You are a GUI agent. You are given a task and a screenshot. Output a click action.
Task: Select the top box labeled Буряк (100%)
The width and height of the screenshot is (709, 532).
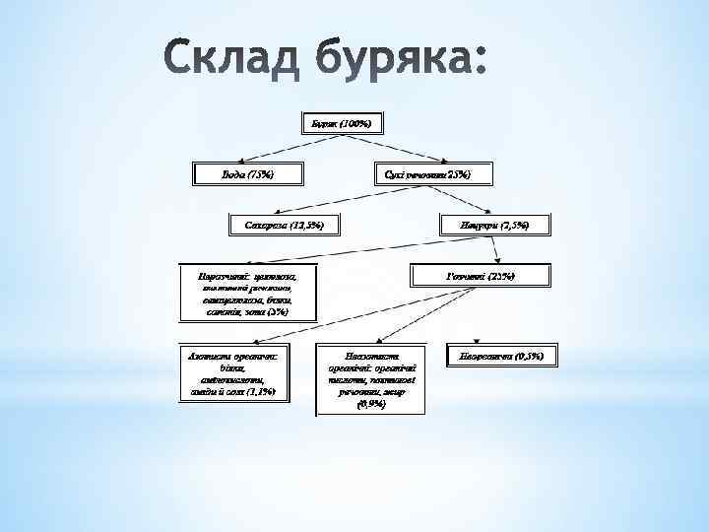[x=341, y=124]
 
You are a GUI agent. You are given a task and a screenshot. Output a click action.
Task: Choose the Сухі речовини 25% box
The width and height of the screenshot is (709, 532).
[x=426, y=174]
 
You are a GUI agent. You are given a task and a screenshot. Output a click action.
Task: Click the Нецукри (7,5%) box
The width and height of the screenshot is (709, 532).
[x=493, y=226]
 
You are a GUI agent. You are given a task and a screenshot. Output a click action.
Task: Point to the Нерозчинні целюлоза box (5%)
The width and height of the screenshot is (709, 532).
[x=247, y=293]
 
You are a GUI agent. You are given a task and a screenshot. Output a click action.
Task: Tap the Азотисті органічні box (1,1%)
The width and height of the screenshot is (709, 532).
[x=233, y=371]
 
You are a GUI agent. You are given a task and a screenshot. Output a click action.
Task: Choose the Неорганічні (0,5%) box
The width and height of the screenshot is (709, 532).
[x=501, y=354]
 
